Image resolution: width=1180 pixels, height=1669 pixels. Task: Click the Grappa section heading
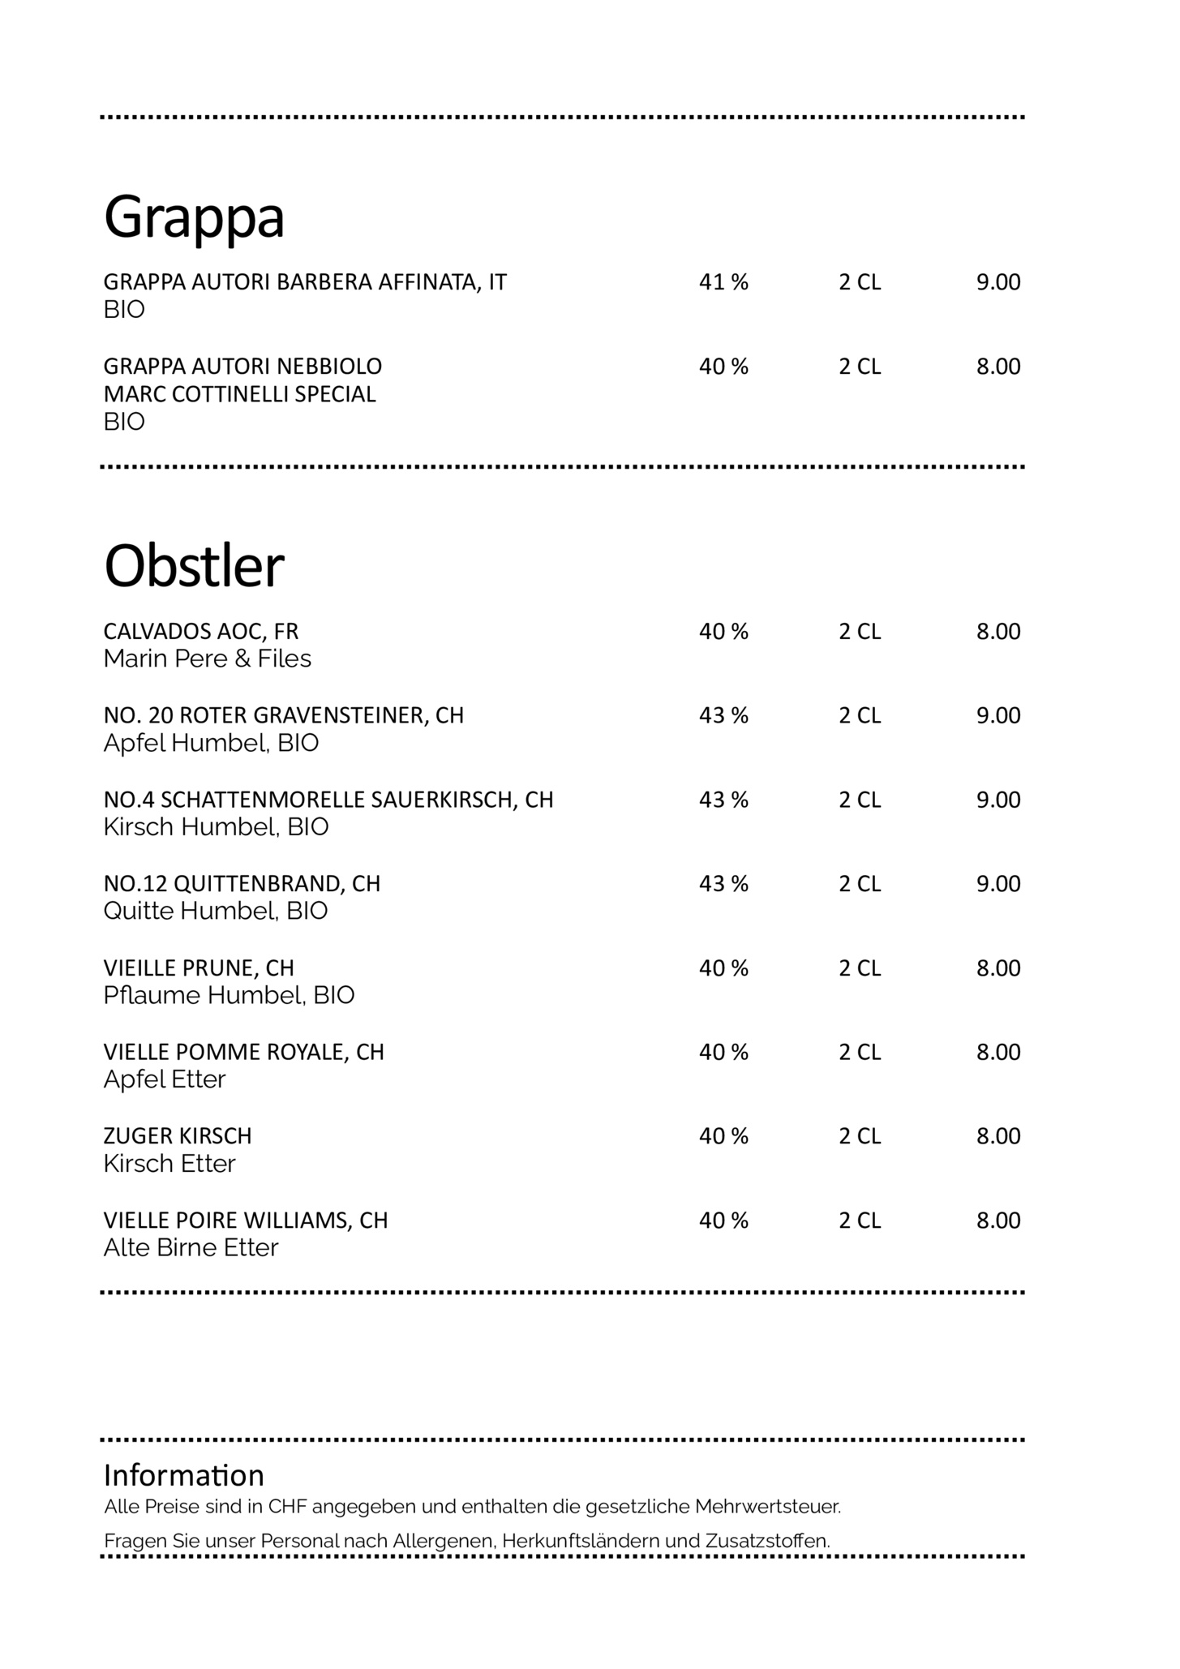point(194,217)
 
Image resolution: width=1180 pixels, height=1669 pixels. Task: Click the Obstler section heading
point(194,566)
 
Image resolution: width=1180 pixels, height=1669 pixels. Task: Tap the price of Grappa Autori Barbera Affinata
point(998,282)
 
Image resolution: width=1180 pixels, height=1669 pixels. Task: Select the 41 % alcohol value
point(723,282)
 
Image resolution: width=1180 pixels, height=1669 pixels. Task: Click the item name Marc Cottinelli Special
point(239,394)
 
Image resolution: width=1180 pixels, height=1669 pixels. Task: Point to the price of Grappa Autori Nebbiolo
point(998,367)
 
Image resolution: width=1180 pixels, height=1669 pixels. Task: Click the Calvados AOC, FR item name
point(200,631)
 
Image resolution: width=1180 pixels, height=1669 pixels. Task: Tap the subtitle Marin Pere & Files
point(207,659)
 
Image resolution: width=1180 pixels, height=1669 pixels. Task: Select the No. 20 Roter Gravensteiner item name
point(283,715)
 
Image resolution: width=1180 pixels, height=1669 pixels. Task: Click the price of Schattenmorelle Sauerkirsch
point(998,800)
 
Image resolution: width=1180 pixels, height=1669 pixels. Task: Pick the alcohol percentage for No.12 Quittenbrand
point(723,883)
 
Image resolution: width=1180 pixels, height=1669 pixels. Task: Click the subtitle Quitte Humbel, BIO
point(215,911)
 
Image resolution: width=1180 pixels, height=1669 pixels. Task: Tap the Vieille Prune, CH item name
point(198,968)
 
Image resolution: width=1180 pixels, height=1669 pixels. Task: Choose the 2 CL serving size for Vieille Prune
point(859,968)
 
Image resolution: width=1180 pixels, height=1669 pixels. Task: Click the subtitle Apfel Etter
point(164,1079)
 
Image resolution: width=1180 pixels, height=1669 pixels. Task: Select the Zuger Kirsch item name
point(177,1136)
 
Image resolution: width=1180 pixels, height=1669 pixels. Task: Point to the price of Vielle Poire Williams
point(998,1221)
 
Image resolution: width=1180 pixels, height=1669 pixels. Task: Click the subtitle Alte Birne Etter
point(190,1248)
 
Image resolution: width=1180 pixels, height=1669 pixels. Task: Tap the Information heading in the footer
point(183,1475)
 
